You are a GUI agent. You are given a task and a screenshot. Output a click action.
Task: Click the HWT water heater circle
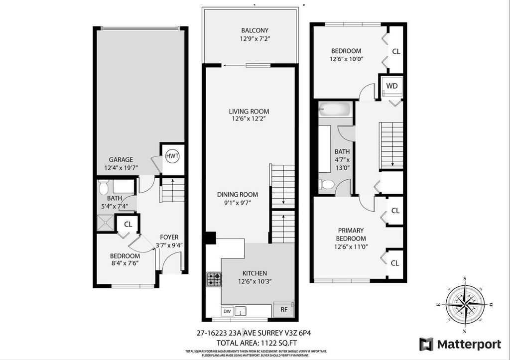172,156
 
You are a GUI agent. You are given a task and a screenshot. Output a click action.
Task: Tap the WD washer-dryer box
392,86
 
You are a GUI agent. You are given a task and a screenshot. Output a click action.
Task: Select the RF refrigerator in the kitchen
284,310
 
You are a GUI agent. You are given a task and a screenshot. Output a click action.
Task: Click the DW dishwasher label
227,311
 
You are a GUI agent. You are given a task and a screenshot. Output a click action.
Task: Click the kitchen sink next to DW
241,311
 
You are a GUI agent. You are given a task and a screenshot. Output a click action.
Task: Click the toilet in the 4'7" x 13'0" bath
327,184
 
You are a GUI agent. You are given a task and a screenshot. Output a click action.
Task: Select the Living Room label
249,111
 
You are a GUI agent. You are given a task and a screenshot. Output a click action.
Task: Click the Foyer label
169,237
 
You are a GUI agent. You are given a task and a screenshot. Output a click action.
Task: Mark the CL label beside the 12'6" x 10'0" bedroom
396,51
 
